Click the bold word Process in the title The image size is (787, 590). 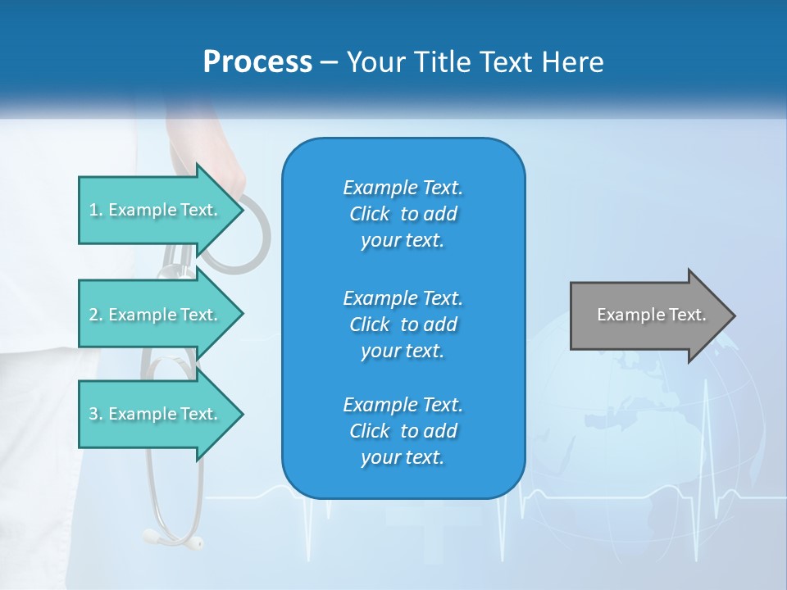(257, 62)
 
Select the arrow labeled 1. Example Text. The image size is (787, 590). (156, 210)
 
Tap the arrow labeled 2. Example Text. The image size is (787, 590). (156, 315)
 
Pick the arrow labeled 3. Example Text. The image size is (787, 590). (156, 414)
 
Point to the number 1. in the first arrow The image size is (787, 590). (96, 210)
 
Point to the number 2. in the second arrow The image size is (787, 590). (96, 315)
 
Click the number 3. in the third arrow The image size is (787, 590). (96, 414)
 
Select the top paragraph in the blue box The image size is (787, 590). (403, 214)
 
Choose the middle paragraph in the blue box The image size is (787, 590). (403, 324)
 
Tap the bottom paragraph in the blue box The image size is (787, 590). (403, 431)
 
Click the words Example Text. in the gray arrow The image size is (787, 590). (652, 315)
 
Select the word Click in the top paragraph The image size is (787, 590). (370, 214)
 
